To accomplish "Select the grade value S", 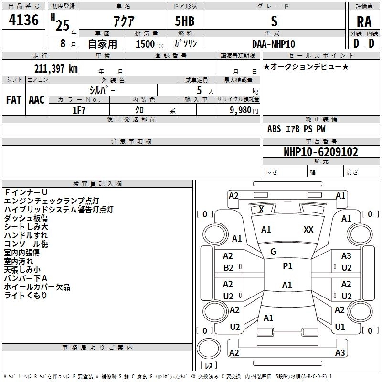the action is point(274,21).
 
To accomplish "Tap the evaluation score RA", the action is point(364,22).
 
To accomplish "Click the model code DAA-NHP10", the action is point(274,44).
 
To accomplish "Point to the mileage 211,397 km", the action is point(56,68).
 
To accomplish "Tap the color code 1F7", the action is point(79,110).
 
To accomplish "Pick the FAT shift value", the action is point(13,100).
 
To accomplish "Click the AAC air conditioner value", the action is point(36,100).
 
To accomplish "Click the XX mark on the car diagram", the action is point(308,230).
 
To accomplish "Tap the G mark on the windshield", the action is point(273,252).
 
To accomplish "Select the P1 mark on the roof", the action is point(287,266).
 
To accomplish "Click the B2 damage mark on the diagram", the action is point(229,268).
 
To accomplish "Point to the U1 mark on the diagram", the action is point(340,327).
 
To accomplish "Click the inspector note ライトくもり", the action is point(26,296).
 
